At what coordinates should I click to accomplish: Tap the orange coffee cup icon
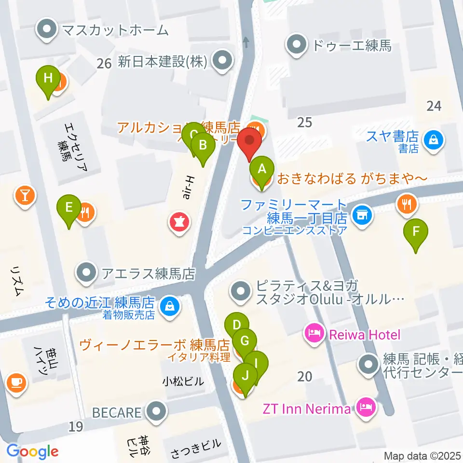pyautogui.click(x=16, y=382)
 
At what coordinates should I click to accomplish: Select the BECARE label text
pyautogui.click(x=117, y=413)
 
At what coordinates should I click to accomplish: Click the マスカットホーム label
pyautogui.click(x=114, y=30)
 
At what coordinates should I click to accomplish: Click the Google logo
pyautogui.click(x=32, y=451)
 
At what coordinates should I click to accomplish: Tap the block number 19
pyautogui.click(x=76, y=426)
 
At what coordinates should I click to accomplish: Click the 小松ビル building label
pyautogui.click(x=183, y=381)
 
